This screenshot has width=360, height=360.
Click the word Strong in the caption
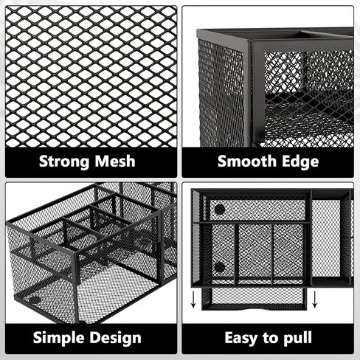[x=64, y=162]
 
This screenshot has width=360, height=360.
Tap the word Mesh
[x=115, y=162]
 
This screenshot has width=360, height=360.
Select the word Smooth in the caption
[x=247, y=162]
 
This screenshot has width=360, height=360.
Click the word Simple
[x=58, y=338]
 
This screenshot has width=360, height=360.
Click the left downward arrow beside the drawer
[x=193, y=300]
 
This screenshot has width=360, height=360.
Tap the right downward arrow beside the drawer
[x=314, y=300]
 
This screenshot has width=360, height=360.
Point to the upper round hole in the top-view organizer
[x=220, y=210]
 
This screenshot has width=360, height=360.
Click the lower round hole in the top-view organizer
[x=220, y=267]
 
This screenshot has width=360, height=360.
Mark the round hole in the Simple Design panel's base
[x=35, y=300]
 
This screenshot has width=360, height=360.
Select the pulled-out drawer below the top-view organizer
[x=255, y=298]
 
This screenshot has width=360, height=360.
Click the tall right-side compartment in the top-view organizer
[x=326, y=238]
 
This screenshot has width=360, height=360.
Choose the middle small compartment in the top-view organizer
[x=255, y=253]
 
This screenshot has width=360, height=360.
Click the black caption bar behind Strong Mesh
[x=91, y=162]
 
